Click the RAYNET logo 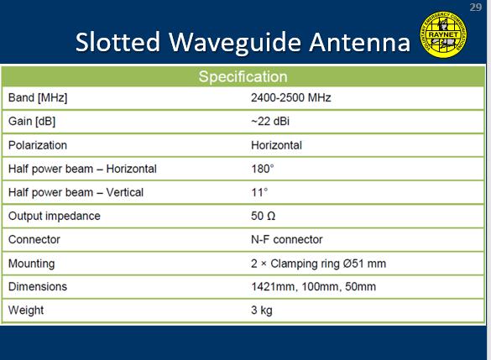(443, 34)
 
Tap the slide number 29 (475, 7)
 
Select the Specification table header (243, 76)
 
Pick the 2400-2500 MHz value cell (291, 97)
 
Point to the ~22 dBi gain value (270, 121)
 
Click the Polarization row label (38, 145)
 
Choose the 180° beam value (263, 169)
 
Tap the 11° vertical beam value (259, 192)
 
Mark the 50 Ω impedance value (263, 216)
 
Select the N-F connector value (286, 239)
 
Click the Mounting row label (32, 263)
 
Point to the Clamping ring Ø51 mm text (328, 263)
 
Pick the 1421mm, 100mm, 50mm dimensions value (313, 287)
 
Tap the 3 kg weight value (262, 310)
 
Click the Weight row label (26, 310)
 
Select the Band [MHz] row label (38, 97)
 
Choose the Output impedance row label (55, 216)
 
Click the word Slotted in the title (118, 42)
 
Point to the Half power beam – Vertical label (76, 192)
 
